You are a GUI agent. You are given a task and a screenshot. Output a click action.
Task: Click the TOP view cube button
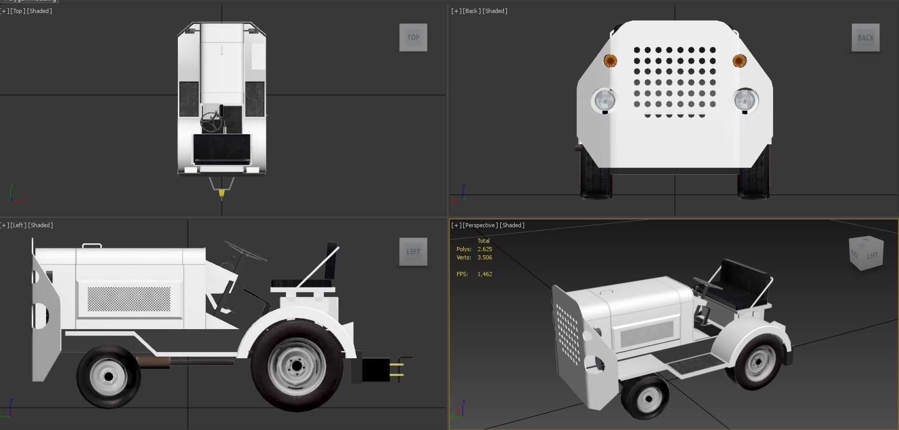tap(413, 37)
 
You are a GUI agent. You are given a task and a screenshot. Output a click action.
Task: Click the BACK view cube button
tap(865, 37)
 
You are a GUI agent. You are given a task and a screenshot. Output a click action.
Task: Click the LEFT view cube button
tap(413, 252)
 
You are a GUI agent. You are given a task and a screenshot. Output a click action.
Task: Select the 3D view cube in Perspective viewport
tap(866, 254)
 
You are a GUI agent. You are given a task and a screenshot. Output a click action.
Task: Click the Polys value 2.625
tap(485, 249)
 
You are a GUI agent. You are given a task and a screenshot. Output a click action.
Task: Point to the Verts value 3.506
tap(485, 257)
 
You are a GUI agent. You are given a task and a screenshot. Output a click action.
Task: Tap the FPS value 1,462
tap(485, 274)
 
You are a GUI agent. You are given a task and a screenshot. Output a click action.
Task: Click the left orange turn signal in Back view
tap(610, 60)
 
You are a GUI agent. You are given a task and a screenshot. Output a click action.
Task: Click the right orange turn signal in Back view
tap(739, 61)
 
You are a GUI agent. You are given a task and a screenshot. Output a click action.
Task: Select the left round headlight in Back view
tap(605, 99)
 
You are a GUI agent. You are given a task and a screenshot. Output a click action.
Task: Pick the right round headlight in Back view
tap(745, 99)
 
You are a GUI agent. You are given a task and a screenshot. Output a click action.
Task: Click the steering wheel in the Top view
tap(211, 122)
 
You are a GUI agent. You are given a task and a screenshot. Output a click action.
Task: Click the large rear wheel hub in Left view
tap(296, 366)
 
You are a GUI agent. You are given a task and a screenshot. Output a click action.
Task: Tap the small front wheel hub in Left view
tap(108, 376)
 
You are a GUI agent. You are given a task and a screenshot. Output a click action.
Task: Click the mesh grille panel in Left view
tap(128, 299)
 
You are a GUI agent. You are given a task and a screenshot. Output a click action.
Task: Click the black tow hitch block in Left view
tap(375, 370)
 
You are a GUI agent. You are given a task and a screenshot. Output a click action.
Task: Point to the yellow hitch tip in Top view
tap(222, 193)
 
